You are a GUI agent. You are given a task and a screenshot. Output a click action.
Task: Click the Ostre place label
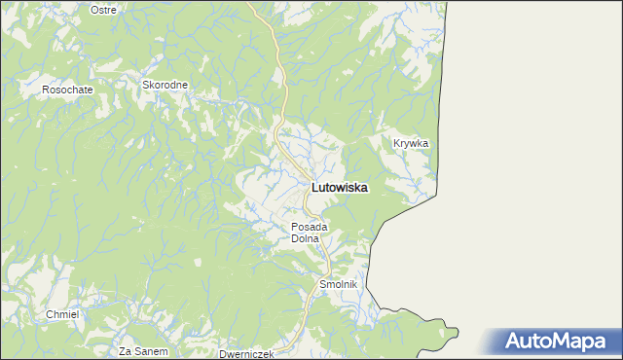[102, 9]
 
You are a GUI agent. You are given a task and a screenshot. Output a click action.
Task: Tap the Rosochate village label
[67, 90]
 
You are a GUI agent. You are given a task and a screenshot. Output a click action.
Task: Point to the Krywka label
[411, 143]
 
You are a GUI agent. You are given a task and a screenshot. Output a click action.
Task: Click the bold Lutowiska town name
[339, 189]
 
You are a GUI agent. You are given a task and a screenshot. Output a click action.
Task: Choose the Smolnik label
[340, 284]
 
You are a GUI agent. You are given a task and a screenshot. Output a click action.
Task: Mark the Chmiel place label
[61, 314]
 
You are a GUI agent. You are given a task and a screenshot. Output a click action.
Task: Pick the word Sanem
[152, 350]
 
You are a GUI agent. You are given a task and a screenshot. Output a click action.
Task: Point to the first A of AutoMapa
[515, 342]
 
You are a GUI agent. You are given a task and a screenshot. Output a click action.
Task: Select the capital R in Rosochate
[45, 90]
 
